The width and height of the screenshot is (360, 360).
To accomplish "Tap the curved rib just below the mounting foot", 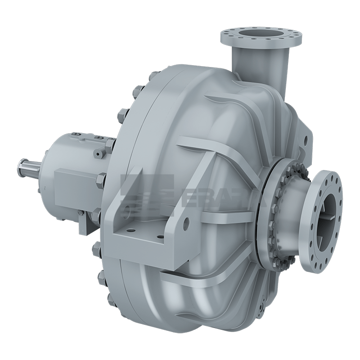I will point(180,279).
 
